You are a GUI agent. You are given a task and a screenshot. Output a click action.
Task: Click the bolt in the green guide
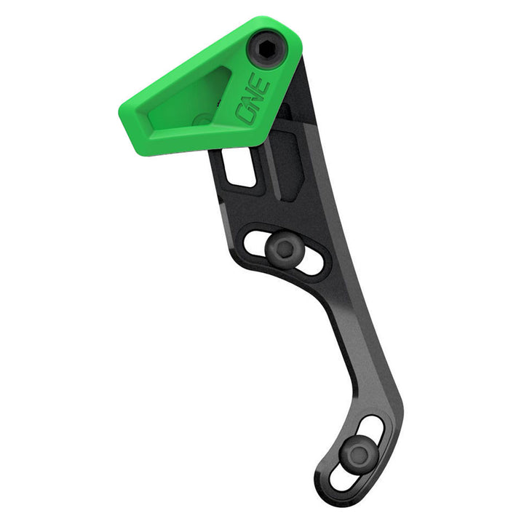[269, 49]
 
